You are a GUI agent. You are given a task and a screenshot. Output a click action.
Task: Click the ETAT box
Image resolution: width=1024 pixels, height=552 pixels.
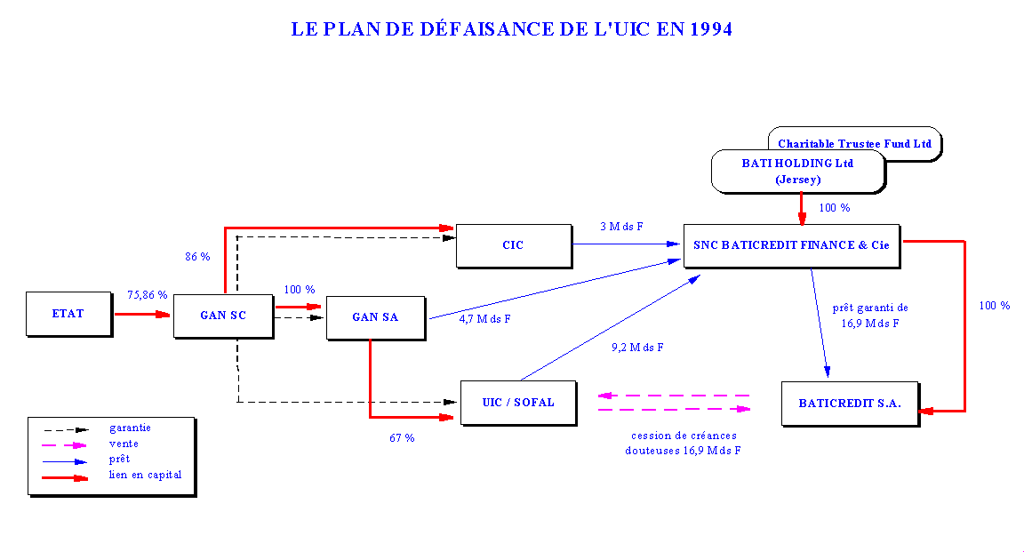68,314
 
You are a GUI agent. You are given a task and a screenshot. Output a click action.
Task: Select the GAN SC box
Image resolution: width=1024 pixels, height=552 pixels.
222,316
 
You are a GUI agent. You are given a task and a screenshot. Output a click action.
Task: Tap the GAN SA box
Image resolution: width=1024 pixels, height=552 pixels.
375,317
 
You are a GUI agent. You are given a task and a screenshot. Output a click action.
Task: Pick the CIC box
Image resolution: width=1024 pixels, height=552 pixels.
513,244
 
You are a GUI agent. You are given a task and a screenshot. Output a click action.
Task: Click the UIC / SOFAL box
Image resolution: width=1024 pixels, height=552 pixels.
517,403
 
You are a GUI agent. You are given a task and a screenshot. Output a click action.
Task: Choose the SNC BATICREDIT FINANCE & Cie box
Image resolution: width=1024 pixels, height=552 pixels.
791,244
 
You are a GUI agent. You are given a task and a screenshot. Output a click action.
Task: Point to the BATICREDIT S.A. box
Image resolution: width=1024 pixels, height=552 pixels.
849,404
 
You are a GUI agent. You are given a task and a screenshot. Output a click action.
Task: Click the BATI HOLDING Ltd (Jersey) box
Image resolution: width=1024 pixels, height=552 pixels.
797,171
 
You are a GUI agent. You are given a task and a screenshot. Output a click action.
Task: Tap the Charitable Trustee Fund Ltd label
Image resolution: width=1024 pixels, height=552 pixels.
854,143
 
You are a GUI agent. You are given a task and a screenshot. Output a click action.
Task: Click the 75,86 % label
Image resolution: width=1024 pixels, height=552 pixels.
148,294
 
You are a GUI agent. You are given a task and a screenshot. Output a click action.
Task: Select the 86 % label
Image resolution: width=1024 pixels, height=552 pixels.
197,257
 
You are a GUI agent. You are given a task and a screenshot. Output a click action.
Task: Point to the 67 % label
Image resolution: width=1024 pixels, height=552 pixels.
402,438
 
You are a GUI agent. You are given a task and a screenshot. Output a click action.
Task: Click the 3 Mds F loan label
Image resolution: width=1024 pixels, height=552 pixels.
622,226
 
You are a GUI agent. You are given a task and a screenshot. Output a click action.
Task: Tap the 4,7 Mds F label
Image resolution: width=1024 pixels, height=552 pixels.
485,319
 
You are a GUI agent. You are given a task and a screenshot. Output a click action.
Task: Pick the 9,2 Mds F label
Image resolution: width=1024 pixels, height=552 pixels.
637,348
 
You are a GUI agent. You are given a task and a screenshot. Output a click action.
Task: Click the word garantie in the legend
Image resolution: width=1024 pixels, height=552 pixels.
130,428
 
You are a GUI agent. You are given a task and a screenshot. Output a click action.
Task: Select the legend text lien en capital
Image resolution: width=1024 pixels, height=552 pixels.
145,475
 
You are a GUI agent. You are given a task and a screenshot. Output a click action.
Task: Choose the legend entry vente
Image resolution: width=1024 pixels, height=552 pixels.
124,444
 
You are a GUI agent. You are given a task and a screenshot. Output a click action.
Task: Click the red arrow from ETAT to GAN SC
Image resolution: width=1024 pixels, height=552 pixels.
142,314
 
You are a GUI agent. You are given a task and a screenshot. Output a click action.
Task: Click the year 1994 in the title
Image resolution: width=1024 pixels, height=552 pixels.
708,29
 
